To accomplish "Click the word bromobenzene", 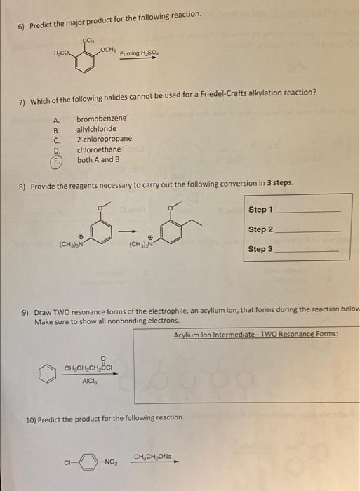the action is click(102, 119).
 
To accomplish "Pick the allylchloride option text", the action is click(98, 129).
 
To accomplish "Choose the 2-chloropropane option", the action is click(104, 139).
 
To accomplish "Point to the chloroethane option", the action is click(99, 149).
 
